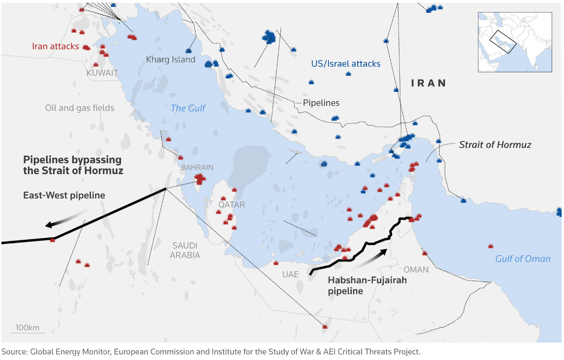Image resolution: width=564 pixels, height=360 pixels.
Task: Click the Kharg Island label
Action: click(x=171, y=60)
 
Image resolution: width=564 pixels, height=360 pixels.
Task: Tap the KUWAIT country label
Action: click(x=102, y=73)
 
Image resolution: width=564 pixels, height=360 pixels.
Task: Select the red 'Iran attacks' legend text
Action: click(x=55, y=46)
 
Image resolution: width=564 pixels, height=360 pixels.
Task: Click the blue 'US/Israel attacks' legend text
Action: click(x=346, y=64)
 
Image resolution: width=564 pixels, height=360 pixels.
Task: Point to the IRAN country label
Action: click(x=429, y=83)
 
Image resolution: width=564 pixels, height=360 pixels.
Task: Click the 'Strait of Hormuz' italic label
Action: click(x=495, y=145)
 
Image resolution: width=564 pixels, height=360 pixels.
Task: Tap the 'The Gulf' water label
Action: click(x=188, y=108)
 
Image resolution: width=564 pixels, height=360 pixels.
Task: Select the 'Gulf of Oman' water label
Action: click(x=522, y=259)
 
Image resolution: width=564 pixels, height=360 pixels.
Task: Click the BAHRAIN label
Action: click(x=197, y=167)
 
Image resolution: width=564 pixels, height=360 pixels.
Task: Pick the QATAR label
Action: click(x=232, y=205)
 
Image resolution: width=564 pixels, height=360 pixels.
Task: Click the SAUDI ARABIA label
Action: click(x=185, y=250)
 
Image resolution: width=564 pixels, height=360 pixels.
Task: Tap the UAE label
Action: click(x=291, y=275)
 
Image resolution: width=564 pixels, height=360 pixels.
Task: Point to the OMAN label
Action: click(x=416, y=269)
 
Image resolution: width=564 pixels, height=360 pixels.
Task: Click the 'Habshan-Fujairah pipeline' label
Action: click(x=361, y=286)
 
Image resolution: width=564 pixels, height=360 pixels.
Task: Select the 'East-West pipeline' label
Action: click(x=64, y=195)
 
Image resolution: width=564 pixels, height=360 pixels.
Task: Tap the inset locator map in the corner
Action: click(x=515, y=42)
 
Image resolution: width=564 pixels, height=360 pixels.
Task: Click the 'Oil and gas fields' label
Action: click(x=80, y=108)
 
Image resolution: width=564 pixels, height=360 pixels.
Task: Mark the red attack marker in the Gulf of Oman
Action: click(x=490, y=246)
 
